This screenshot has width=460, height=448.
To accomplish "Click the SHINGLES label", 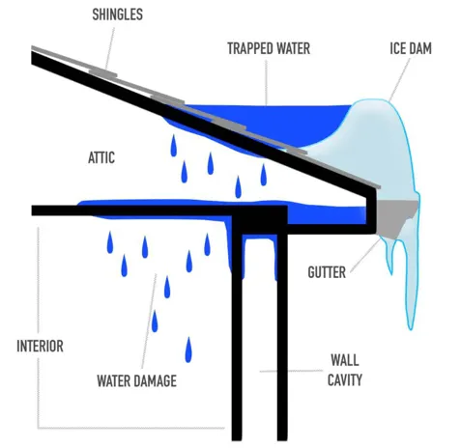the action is pos(117,14).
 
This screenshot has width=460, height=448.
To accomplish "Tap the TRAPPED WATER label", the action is pos(269,48).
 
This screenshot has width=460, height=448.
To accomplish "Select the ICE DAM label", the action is pos(411,48).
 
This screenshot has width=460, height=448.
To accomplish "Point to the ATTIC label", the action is pos(101,157).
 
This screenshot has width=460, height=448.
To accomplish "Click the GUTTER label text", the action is pos(327,272).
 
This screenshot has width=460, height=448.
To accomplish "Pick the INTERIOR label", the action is pos(40,346).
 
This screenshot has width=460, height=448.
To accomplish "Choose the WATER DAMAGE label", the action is pos(136,380).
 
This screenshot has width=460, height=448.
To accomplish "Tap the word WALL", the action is pos(345,360).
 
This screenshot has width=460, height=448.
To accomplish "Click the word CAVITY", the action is pos(345,379).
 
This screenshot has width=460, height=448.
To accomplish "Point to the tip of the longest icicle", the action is pos(411,329).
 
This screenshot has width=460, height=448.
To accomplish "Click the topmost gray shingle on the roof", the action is pos(102,72).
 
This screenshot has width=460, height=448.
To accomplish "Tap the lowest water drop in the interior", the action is pos(188,350).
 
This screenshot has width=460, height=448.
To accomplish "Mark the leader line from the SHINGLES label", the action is pos(110,47).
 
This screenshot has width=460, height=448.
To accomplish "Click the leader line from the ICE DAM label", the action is pos(399,80).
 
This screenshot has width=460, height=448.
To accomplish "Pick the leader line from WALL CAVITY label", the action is pos(292,371).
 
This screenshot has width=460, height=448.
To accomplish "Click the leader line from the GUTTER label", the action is pos(366,255).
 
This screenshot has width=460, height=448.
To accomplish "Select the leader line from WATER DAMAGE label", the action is pos(150,321).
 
